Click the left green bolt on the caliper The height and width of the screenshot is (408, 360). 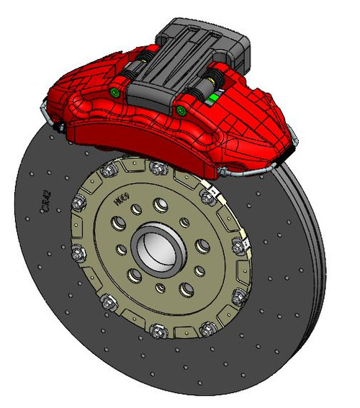[x=114, y=93]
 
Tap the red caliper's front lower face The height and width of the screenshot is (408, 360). [x=144, y=141]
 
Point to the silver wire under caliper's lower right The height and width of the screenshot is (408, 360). [x=248, y=172]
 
